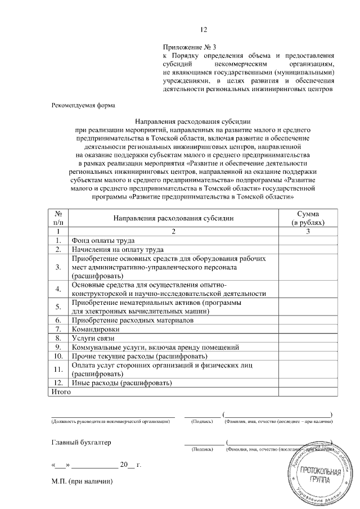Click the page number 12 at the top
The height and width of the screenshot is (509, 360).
tap(204, 30)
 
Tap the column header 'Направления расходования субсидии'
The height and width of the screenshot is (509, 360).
tap(173, 218)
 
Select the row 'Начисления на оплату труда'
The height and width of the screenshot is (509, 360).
tap(117, 249)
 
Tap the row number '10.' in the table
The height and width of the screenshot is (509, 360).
tap(58, 356)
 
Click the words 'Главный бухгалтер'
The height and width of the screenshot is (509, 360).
tap(81, 442)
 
